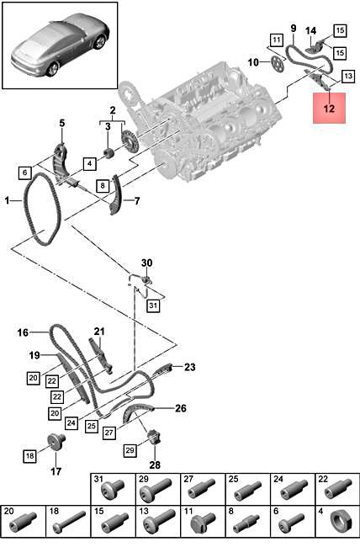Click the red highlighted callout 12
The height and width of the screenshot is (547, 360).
click(x=329, y=107)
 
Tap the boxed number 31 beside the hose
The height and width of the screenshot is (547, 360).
click(x=152, y=305)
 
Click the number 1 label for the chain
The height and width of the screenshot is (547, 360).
click(x=7, y=202)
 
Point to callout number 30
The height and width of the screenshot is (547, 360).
click(x=146, y=263)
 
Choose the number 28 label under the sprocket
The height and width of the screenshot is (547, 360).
click(x=155, y=465)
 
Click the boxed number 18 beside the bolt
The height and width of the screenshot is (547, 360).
click(x=29, y=455)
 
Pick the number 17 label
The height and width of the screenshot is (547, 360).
click(x=56, y=470)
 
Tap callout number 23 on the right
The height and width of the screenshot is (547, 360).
click(x=189, y=367)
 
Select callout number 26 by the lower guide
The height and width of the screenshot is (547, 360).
click(x=180, y=409)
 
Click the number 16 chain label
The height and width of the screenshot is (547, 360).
click(x=23, y=332)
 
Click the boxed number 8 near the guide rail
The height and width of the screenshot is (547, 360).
click(x=101, y=185)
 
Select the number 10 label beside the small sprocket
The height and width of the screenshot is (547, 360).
click(x=253, y=61)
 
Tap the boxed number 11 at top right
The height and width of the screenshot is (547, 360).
click(x=277, y=39)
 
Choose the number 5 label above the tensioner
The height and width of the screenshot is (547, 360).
click(x=61, y=125)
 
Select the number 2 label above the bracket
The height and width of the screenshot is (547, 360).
click(x=111, y=109)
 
